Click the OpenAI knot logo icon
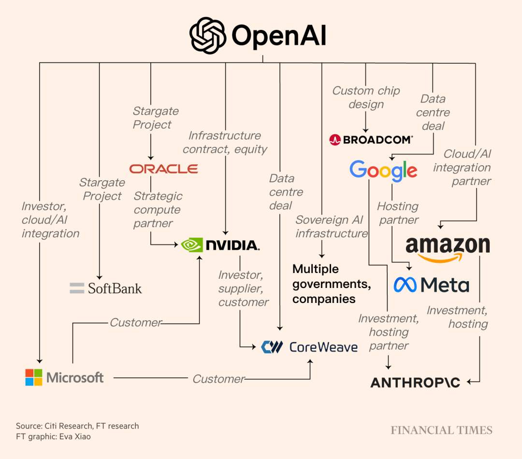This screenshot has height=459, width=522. pos(208,36)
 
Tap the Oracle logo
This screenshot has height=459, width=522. pos(163,169)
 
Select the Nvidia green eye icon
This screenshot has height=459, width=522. pos(192,245)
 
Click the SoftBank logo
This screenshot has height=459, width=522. pos(106,288)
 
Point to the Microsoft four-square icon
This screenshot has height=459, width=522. pos(34,377)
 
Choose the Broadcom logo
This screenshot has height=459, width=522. pos(371,140)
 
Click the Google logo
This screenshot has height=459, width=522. pos(383,170)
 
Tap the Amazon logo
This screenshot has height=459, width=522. pos(448,247)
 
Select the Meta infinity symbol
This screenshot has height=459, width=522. pos(405,285)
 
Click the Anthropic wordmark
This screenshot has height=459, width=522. pos(415,383)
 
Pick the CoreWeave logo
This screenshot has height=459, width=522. pos(309,347)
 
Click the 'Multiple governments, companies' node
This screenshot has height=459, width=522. pos(332,284)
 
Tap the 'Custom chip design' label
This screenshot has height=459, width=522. pos(366,97)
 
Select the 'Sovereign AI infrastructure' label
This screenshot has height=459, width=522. pos(332,227)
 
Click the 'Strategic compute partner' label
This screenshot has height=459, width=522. pos(158,210)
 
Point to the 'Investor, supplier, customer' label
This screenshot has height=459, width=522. pos(243,288)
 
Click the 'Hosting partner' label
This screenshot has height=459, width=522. pos(398,213)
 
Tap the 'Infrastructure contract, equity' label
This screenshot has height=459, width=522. pos(225,142)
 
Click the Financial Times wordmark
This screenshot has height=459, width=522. pos(441,430)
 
